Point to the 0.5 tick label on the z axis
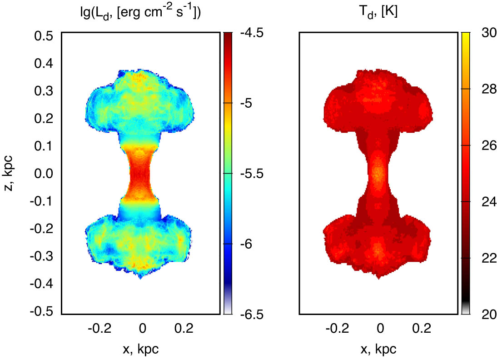point(44,35)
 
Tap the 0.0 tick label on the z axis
point(44,174)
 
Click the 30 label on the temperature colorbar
point(483,33)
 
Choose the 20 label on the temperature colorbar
point(483,314)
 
